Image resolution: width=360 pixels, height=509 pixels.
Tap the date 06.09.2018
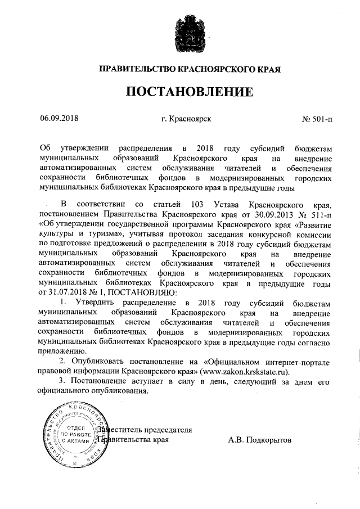point(59,119)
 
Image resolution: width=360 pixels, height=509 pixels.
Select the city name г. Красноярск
point(186,119)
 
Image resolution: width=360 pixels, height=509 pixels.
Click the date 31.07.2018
point(62,292)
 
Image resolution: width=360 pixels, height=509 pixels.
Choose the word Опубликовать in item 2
point(102,361)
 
